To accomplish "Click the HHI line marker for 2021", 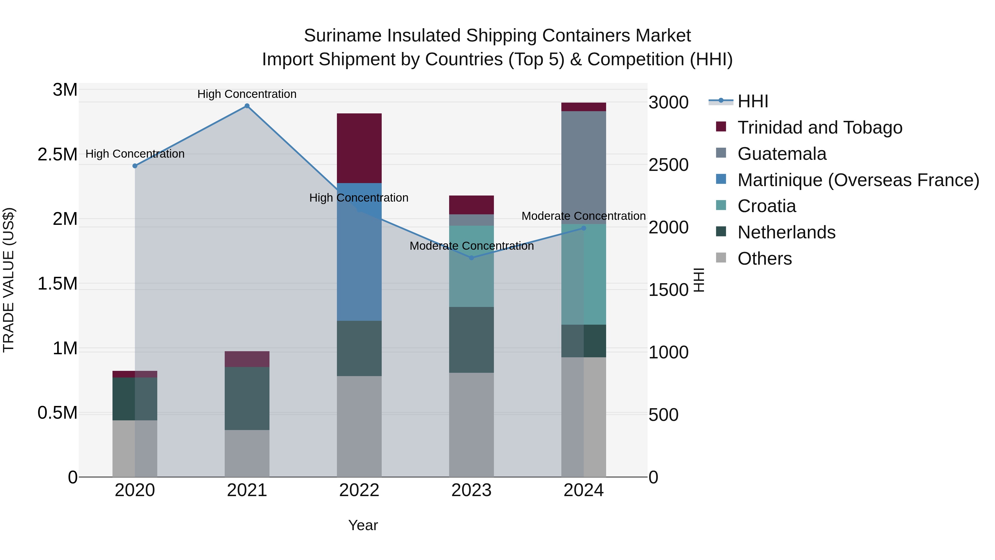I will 247,106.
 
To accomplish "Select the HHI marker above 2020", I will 135,166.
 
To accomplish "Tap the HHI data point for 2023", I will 471,258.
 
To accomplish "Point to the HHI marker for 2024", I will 584,228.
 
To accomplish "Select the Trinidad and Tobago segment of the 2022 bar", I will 359,148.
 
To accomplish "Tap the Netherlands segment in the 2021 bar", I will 247,398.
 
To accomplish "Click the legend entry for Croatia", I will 766,206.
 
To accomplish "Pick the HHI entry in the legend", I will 752,101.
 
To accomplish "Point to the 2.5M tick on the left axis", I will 57,155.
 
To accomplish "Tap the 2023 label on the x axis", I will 471,490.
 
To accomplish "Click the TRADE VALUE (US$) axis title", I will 9,279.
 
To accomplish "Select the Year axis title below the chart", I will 363,525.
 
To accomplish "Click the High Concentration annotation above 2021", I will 247,94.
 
